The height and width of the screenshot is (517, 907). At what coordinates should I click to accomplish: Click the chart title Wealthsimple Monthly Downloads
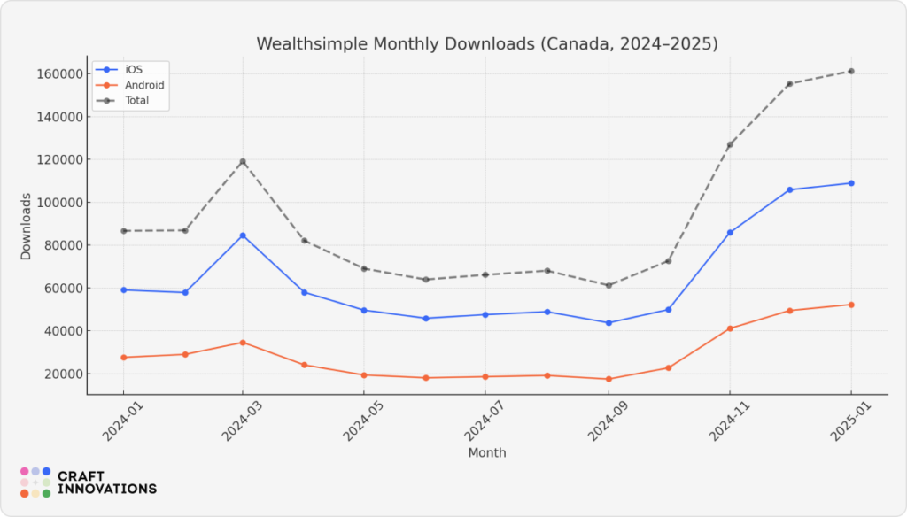(487, 43)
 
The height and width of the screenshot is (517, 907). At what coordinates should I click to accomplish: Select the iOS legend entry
(133, 70)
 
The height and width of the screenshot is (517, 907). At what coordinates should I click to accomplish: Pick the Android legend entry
(144, 85)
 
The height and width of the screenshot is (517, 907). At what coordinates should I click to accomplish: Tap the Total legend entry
(136, 100)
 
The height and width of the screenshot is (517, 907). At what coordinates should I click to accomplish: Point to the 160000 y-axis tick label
(57, 73)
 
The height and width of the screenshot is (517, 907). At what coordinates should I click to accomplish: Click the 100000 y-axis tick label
(57, 203)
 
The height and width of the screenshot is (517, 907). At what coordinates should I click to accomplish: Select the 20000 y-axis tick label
(60, 374)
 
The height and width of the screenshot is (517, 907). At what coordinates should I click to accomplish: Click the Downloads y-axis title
(26, 226)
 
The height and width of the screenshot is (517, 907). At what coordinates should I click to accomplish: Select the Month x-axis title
(487, 452)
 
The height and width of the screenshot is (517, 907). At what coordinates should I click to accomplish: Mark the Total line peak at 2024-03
(243, 162)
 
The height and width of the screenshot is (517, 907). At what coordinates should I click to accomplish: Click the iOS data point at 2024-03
(243, 235)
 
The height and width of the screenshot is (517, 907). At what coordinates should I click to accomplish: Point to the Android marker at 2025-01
(851, 305)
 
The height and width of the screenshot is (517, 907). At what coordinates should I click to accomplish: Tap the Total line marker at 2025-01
(851, 71)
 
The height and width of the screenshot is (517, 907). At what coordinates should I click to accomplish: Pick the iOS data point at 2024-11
(730, 233)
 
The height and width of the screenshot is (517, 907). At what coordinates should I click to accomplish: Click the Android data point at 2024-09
(609, 379)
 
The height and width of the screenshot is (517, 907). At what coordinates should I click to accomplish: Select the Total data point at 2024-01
(124, 231)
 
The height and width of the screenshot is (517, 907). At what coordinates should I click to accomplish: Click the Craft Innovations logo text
(106, 482)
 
